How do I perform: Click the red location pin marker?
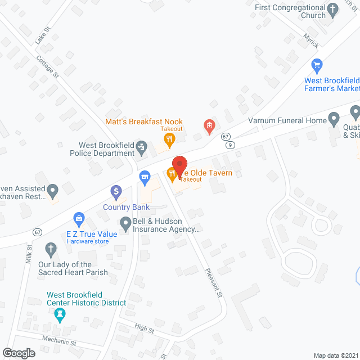(179, 166)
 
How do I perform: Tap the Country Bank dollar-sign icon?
(116, 192)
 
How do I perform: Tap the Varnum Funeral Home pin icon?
(334, 120)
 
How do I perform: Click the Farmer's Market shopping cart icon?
(317, 65)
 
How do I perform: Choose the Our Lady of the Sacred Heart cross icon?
(51, 248)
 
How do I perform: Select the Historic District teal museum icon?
(58, 316)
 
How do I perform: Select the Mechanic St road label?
(58, 340)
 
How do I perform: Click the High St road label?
(144, 328)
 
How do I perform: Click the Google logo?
(18, 353)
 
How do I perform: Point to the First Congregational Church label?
(290, 11)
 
